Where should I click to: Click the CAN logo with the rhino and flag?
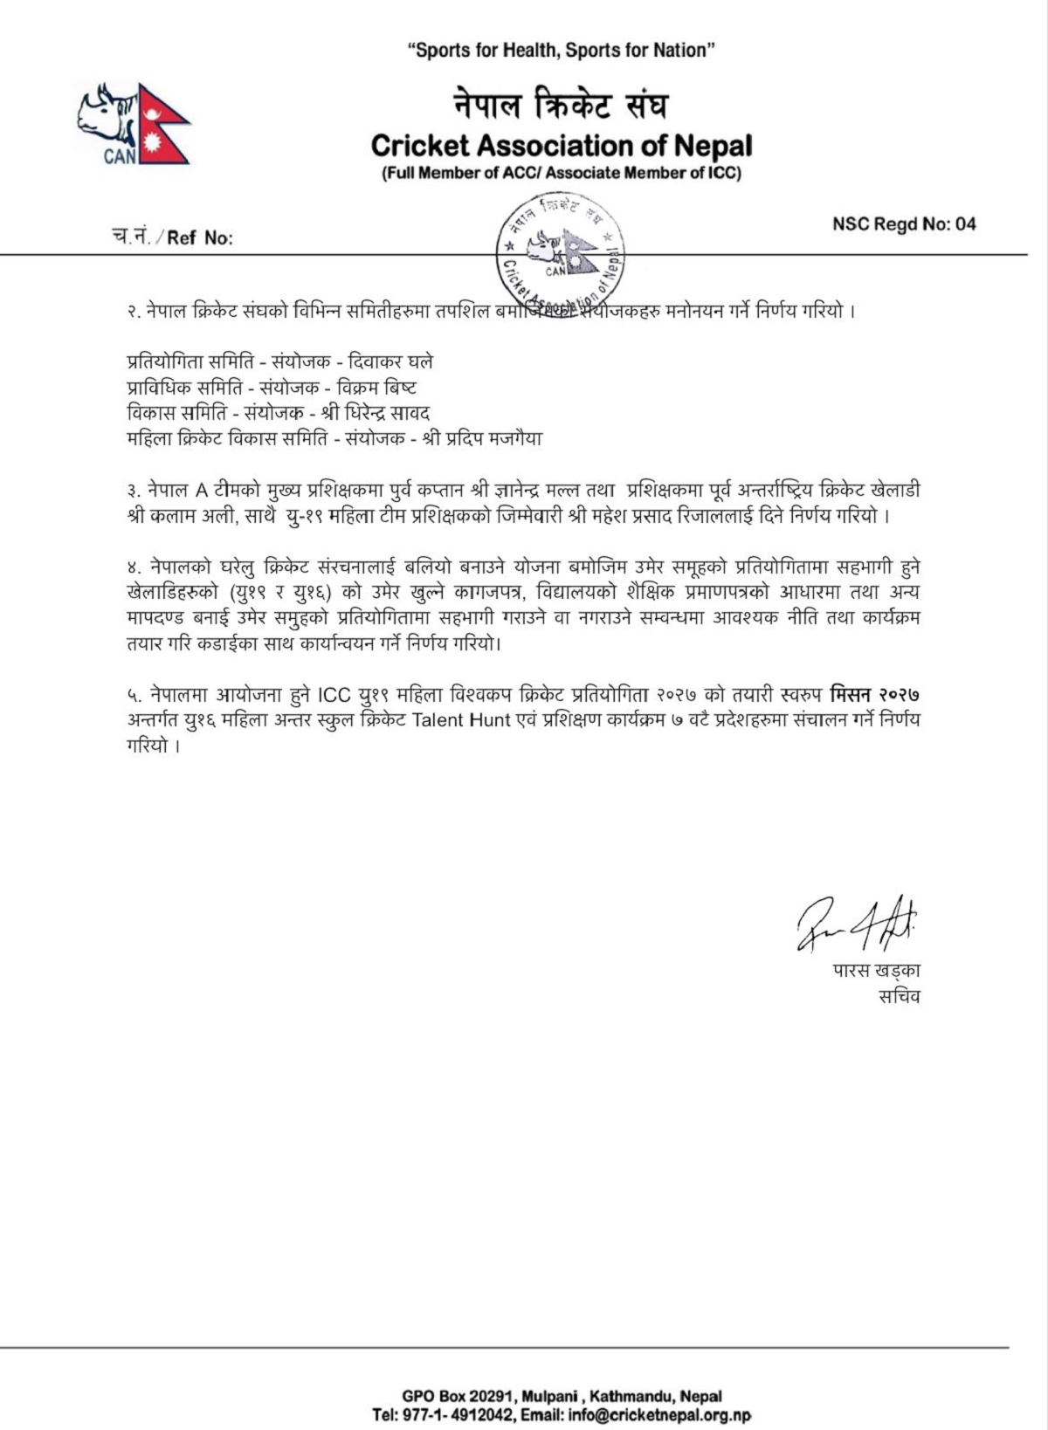(134, 125)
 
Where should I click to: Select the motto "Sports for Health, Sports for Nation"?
(562, 51)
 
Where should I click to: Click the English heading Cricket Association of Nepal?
(562, 145)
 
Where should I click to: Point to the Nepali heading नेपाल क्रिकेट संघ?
(562, 106)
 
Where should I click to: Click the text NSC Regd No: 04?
(904, 224)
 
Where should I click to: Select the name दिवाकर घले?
(390, 361)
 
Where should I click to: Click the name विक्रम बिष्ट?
(376, 388)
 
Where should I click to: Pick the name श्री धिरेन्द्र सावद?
(376, 413)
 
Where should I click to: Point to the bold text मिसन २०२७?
(875, 696)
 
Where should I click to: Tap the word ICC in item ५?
(334, 696)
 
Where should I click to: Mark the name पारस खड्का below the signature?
(876, 971)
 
